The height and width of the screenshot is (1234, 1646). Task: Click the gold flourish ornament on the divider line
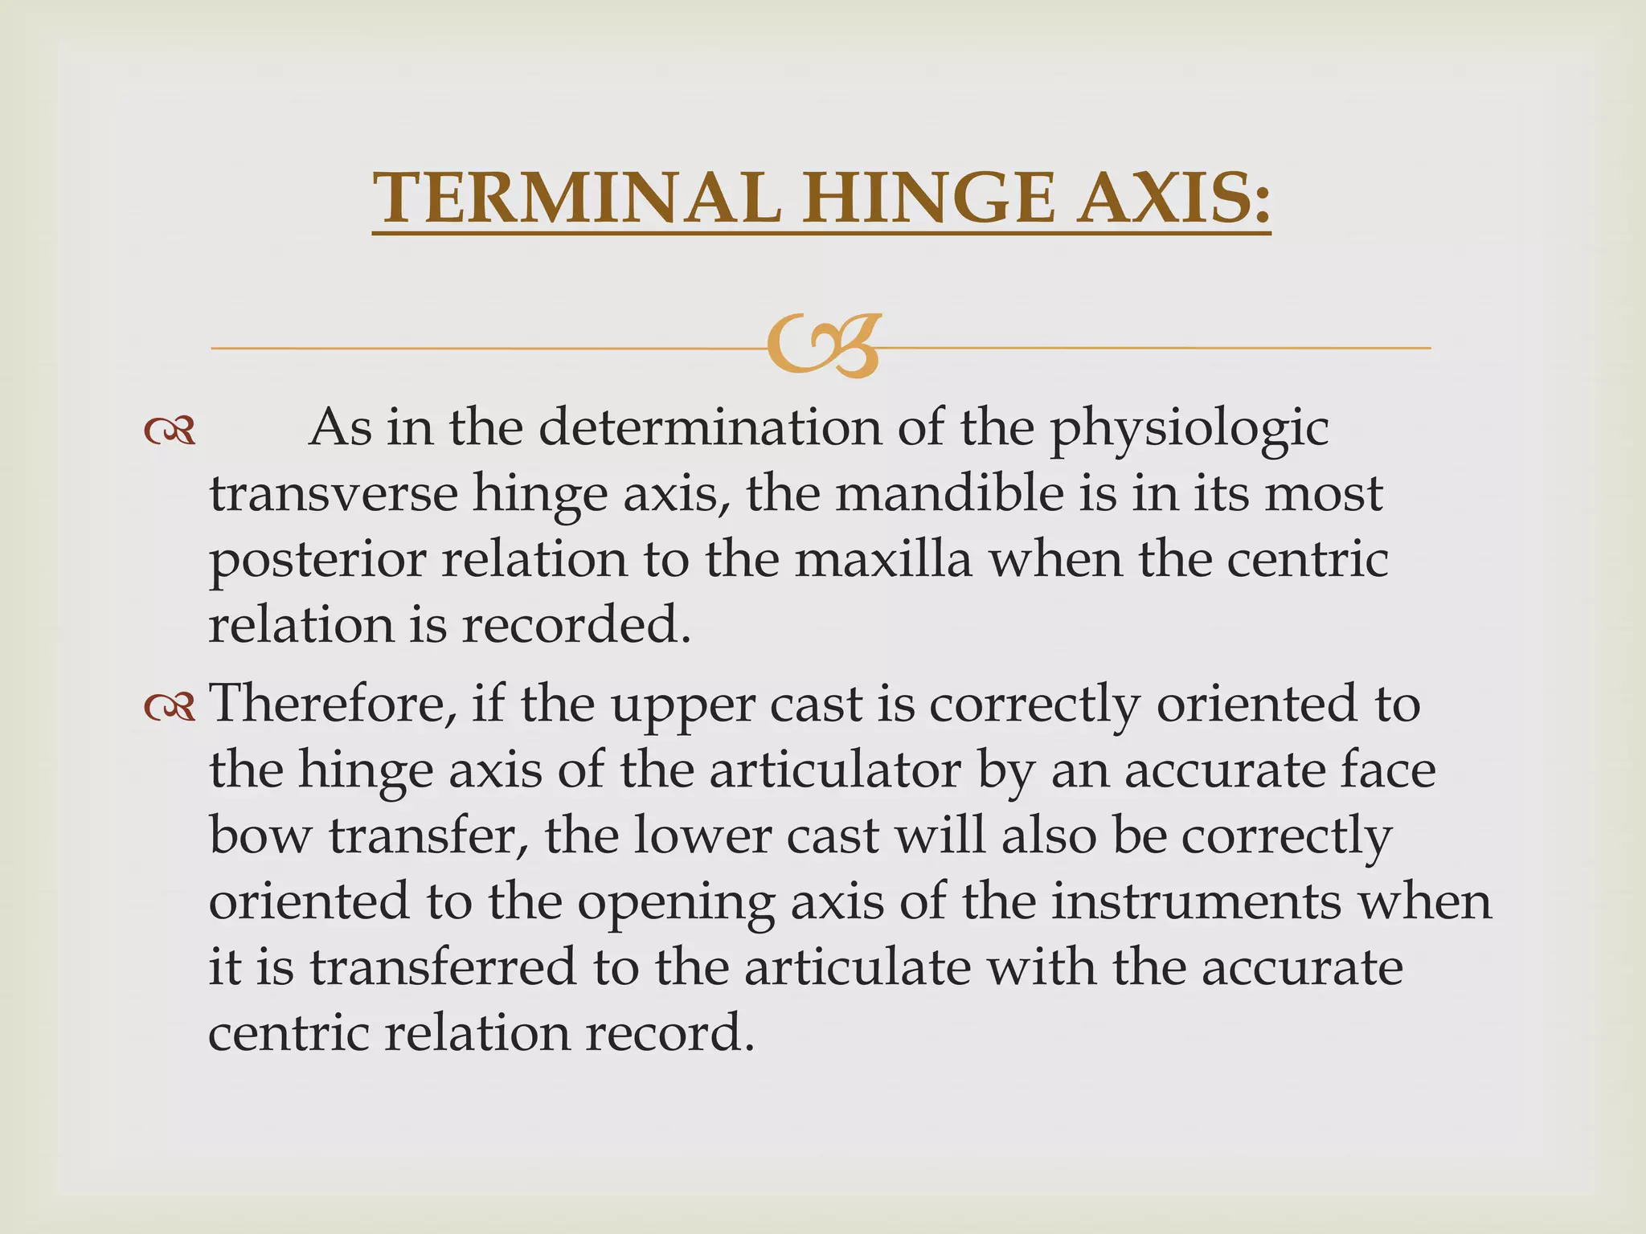click(x=823, y=346)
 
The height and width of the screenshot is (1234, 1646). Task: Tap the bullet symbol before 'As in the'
click(x=170, y=431)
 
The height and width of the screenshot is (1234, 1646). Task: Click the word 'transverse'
click(x=333, y=493)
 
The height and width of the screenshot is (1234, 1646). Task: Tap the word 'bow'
click(x=259, y=836)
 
